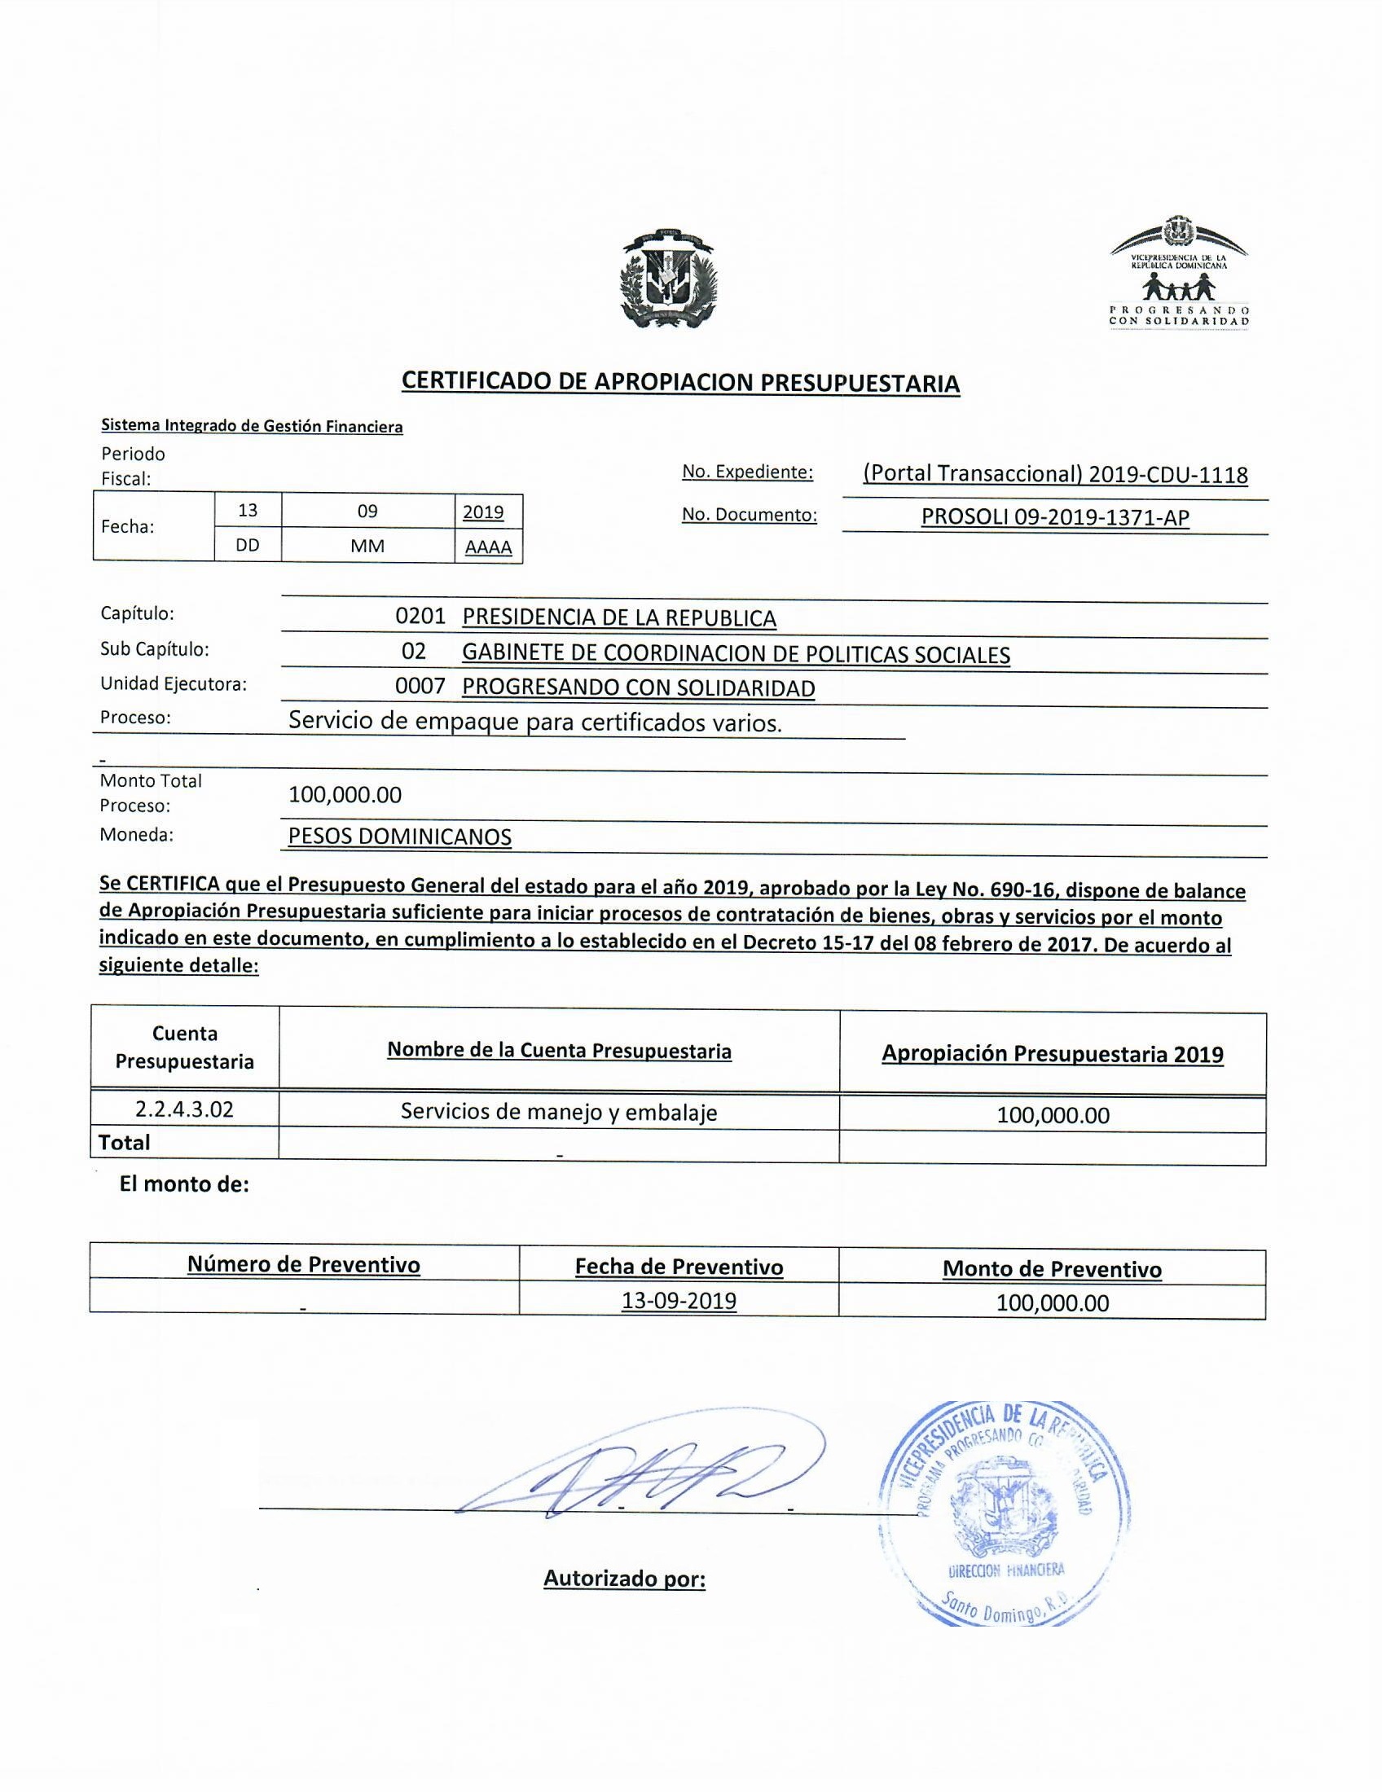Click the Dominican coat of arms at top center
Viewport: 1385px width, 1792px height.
point(667,279)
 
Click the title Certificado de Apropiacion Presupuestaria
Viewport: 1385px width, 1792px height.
point(680,382)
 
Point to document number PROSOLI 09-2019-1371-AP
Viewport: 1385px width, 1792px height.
point(1055,517)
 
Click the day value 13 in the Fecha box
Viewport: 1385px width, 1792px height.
point(247,511)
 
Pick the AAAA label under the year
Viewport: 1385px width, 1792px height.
point(488,547)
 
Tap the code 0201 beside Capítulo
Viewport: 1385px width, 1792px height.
point(420,617)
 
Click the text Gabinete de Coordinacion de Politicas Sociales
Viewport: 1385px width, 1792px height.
point(736,654)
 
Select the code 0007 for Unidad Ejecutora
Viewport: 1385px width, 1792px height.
point(420,687)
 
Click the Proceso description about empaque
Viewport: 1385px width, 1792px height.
point(535,722)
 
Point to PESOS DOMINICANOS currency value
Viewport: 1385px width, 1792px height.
point(399,837)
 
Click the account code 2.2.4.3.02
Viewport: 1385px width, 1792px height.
point(185,1110)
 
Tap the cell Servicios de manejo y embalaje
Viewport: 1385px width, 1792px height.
point(559,1112)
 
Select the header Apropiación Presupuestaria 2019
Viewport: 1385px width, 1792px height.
point(1053,1054)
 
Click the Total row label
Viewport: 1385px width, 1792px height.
point(125,1143)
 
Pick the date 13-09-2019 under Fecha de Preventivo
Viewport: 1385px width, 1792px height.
point(679,1302)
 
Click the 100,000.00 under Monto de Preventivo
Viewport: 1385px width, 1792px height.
point(1053,1303)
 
